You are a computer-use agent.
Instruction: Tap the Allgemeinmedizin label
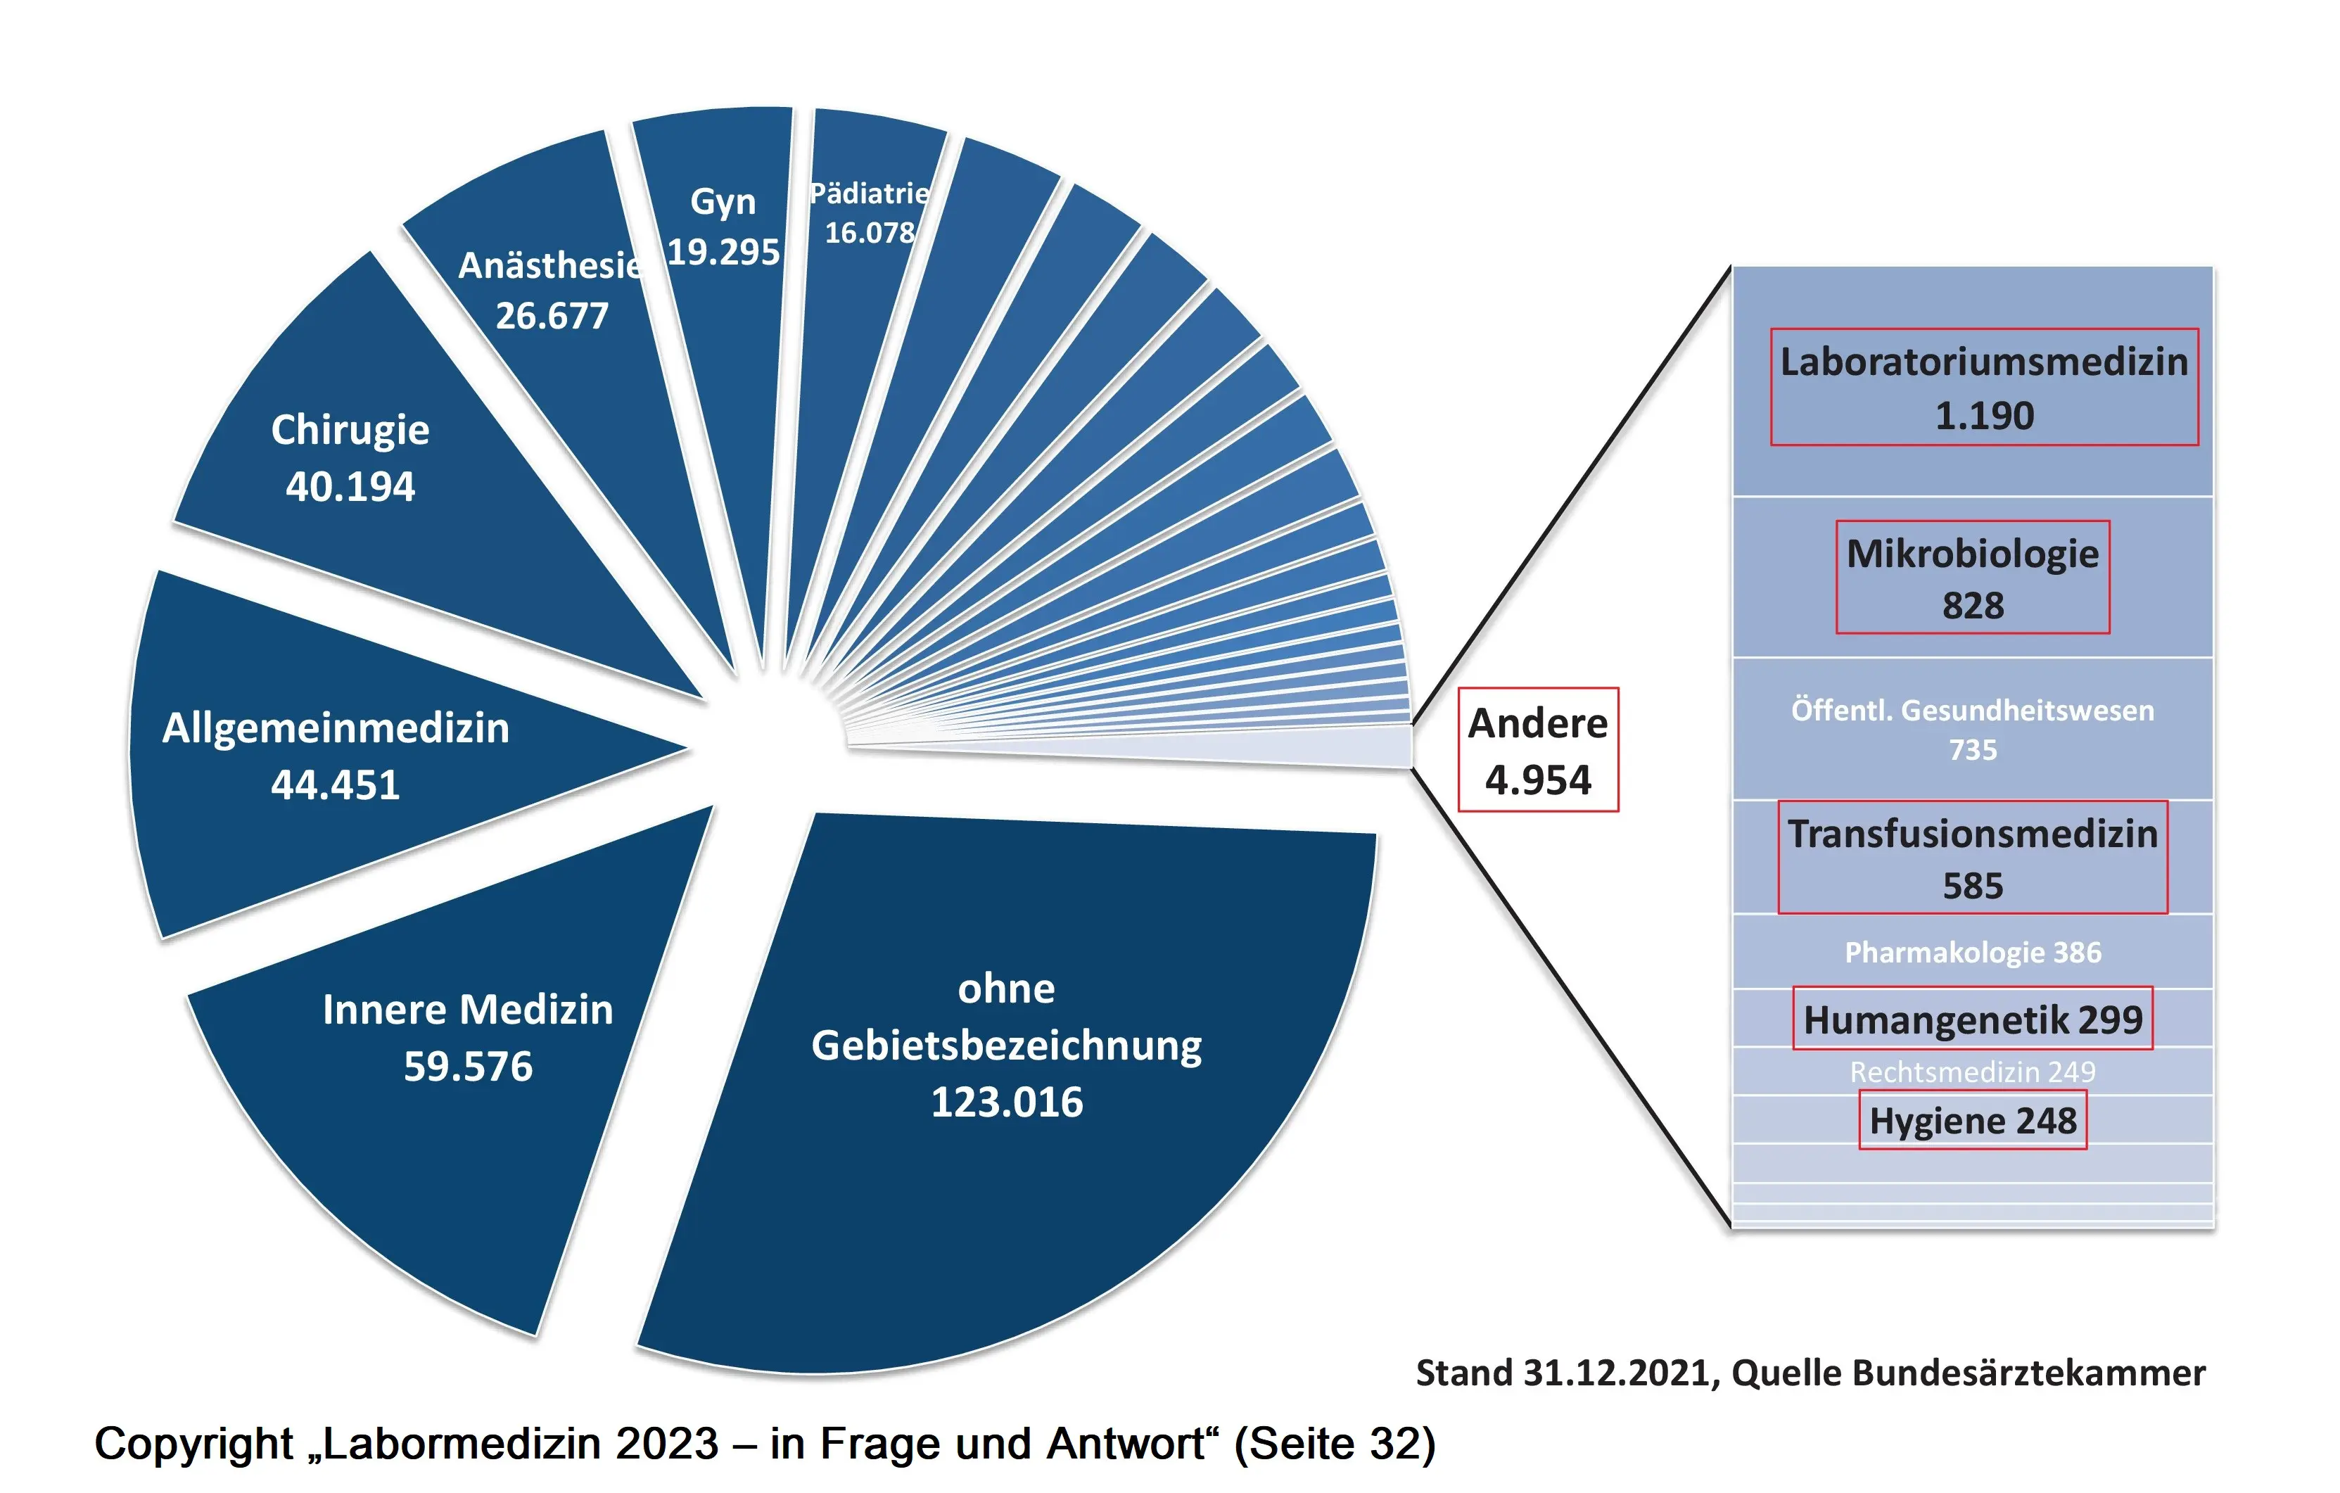coord(336,728)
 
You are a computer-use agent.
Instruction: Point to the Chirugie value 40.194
coord(350,486)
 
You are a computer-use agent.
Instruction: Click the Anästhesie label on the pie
coord(550,265)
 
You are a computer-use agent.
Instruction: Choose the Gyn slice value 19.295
coord(723,252)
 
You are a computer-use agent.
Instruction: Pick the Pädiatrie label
coord(870,193)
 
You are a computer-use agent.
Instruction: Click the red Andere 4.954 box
coord(1538,749)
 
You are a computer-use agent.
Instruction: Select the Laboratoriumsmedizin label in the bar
coord(1984,362)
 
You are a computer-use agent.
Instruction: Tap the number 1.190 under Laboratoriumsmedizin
coord(1984,416)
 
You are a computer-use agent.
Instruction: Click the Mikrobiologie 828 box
coord(1973,578)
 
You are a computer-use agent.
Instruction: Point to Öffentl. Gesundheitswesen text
coord(1973,711)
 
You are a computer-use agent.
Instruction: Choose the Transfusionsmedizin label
coord(1973,834)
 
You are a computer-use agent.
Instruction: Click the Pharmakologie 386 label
coord(1973,953)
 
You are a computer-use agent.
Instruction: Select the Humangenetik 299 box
coord(1973,1019)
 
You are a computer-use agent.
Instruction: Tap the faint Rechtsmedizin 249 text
coord(1973,1072)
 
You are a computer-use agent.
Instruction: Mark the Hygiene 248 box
coord(1973,1121)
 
